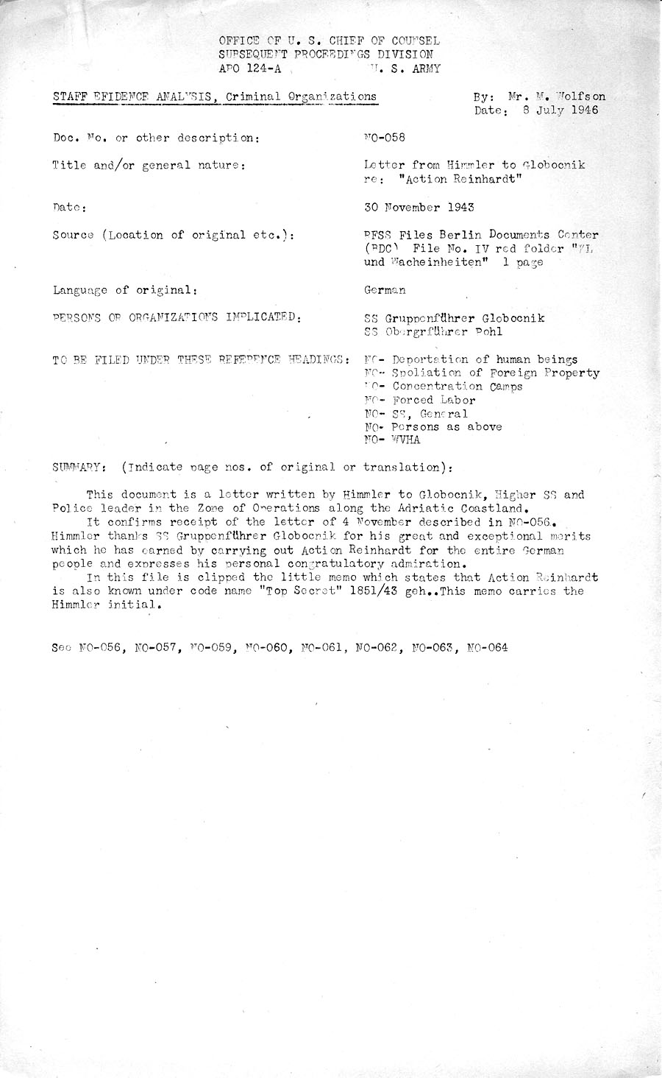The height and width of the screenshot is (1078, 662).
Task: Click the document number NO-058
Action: (x=385, y=138)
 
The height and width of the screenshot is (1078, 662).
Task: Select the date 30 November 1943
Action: (x=419, y=207)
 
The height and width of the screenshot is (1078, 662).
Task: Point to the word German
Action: (x=385, y=290)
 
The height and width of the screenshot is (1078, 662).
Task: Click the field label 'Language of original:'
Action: (x=124, y=290)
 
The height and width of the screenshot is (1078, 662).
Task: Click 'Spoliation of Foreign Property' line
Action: (x=496, y=373)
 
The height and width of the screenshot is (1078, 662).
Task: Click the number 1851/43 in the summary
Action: (x=381, y=591)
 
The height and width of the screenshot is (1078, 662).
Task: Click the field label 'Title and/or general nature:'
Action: (x=148, y=166)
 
